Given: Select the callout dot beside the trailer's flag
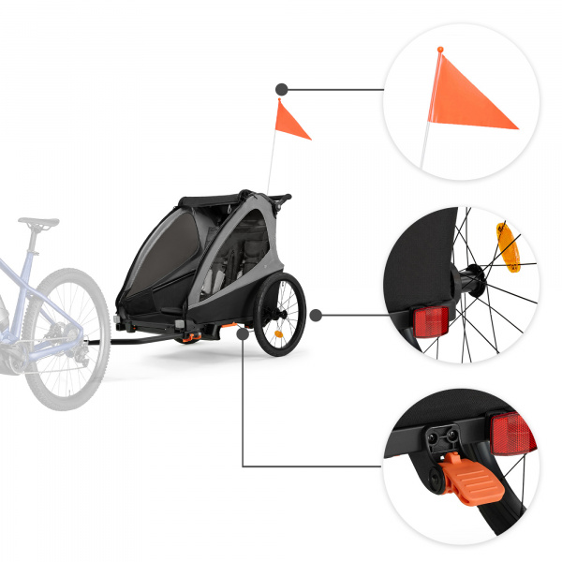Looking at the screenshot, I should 279,90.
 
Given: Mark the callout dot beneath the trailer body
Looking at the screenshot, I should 243,330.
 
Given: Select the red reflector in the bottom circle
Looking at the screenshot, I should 511,436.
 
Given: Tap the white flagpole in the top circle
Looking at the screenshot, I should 426,140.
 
